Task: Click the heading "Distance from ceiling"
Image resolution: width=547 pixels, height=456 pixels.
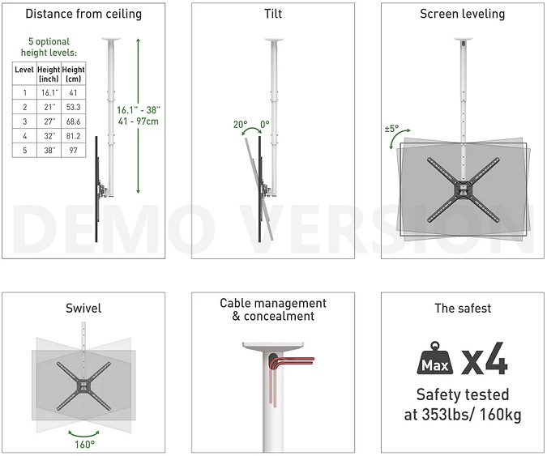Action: pyautogui.click(x=83, y=14)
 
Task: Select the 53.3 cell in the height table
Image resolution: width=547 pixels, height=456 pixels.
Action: pyautogui.click(x=73, y=107)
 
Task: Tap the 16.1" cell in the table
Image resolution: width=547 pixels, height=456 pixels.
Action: pyautogui.click(x=49, y=92)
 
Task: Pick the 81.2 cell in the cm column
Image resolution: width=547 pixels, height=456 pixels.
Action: pyautogui.click(x=73, y=136)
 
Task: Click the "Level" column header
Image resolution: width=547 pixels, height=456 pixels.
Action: pyautogui.click(x=24, y=70)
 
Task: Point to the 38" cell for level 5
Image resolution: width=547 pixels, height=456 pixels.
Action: pyautogui.click(x=49, y=151)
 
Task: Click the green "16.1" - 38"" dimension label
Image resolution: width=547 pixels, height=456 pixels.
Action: pyautogui.click(x=139, y=110)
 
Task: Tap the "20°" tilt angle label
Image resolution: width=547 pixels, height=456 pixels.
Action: pyautogui.click(x=241, y=124)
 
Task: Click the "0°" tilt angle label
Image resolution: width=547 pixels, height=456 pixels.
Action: pyautogui.click(x=265, y=124)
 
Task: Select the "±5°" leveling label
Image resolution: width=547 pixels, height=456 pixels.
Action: pyautogui.click(x=391, y=129)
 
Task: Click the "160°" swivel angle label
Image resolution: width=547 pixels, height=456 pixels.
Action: pyautogui.click(x=84, y=445)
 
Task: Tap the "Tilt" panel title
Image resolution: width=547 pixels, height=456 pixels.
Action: pyautogui.click(x=273, y=14)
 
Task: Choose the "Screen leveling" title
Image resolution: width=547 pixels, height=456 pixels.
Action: pyautogui.click(x=462, y=14)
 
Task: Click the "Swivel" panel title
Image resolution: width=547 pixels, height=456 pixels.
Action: pyautogui.click(x=83, y=308)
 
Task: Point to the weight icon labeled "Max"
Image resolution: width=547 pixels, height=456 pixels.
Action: pyautogui.click(x=435, y=358)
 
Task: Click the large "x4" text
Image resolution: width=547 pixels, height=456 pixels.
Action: pyautogui.click(x=485, y=358)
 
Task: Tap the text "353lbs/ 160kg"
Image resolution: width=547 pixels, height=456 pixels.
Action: pyautogui.click(x=472, y=415)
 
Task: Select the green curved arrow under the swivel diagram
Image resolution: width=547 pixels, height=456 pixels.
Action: pyautogui.click(x=83, y=434)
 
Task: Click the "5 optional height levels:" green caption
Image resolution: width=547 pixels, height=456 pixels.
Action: pyautogui.click(x=49, y=47)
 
